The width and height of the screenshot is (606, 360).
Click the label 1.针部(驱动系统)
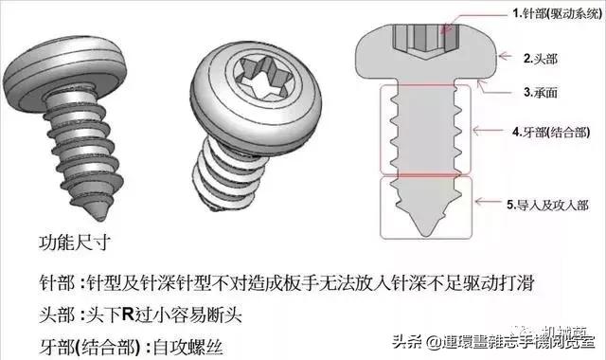click(555, 13)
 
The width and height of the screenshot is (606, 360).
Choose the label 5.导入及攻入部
click(556, 203)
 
